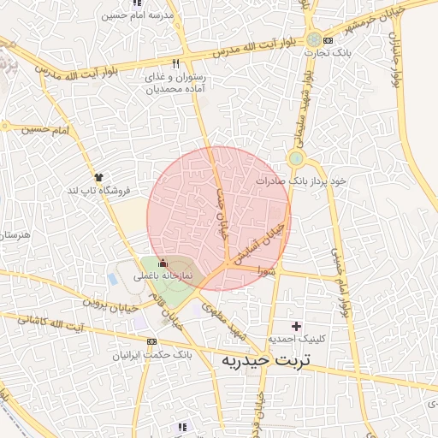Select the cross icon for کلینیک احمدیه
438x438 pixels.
[x=297, y=326]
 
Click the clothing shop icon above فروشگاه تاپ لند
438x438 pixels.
[x=99, y=176]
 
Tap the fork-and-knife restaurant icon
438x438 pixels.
[x=176, y=63]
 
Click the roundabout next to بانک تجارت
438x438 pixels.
[x=315, y=38]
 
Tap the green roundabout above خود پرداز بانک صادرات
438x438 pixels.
[x=296, y=158]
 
